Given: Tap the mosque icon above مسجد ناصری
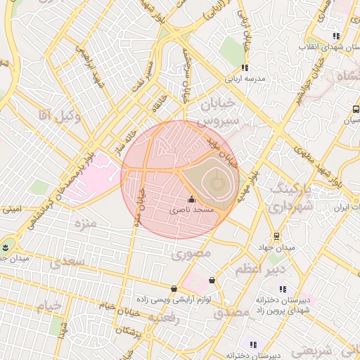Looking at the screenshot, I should pyautogui.click(x=193, y=200).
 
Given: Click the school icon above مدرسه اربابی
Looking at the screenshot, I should pyautogui.click(x=245, y=68).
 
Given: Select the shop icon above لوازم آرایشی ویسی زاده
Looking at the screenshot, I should pyautogui.click(x=174, y=288).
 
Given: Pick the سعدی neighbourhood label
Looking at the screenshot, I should pyautogui.click(x=66, y=262).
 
